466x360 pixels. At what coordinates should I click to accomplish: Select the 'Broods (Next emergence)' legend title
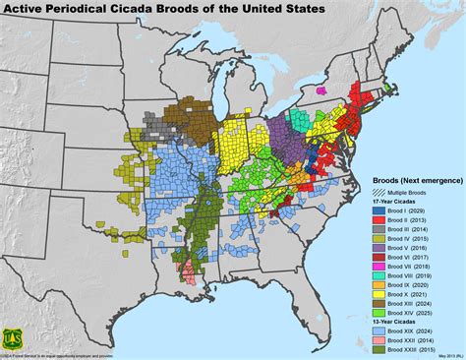[x=414, y=181]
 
